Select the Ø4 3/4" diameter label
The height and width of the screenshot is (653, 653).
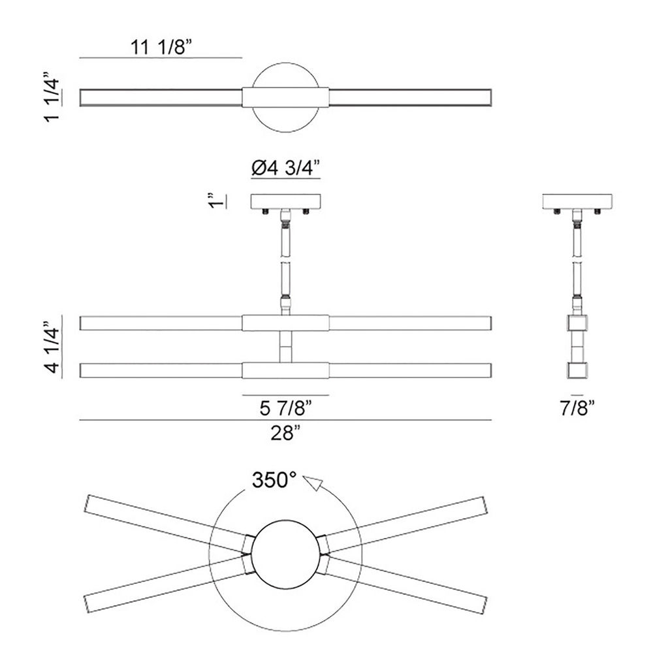coord(286,168)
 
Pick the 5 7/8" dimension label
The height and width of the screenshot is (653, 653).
coord(286,408)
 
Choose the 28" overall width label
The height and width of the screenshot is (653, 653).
coord(286,434)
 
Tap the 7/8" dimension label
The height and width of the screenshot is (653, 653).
coord(577,408)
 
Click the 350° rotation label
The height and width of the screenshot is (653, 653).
coord(274,480)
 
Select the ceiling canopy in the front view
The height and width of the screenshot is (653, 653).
coord(286,202)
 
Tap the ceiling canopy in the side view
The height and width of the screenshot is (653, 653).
coord(577,202)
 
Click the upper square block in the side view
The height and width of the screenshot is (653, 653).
coord(577,323)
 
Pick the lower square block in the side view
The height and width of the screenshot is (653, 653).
coord(577,371)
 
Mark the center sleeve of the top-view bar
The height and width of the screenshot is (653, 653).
coord(286,97)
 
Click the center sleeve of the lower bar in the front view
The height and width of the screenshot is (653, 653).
coord(286,371)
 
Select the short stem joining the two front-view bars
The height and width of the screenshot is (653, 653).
coord(286,347)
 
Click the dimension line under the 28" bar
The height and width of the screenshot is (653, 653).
coord(286,420)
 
